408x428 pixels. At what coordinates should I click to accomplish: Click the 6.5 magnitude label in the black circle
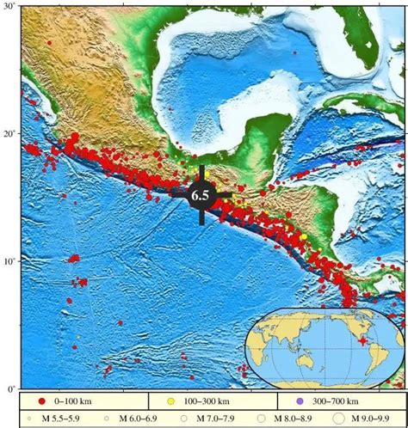click(x=201, y=196)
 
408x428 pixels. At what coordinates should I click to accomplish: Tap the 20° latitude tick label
click(x=10, y=134)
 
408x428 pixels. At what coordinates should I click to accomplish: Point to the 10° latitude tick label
click(x=10, y=260)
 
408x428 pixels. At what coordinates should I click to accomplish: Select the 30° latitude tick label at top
click(x=10, y=7)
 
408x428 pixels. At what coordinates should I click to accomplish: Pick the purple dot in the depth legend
click(x=299, y=401)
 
